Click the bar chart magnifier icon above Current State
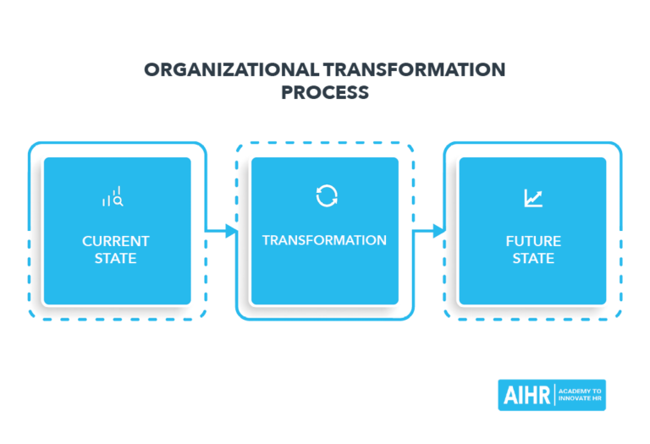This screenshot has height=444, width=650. tap(113, 198)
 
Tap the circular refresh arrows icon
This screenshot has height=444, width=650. tap(326, 196)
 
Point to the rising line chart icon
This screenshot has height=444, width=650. tap(533, 199)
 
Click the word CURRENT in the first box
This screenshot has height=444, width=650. tap(116, 241)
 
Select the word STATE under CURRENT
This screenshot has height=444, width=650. tap(116, 259)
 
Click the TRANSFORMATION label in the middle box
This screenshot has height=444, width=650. tap(324, 240)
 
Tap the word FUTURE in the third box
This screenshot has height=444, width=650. tap(533, 241)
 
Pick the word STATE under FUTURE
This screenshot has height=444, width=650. tap(533, 259)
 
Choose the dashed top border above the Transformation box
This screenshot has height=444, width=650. tap(324, 143)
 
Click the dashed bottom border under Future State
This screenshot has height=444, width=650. tap(533, 320)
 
